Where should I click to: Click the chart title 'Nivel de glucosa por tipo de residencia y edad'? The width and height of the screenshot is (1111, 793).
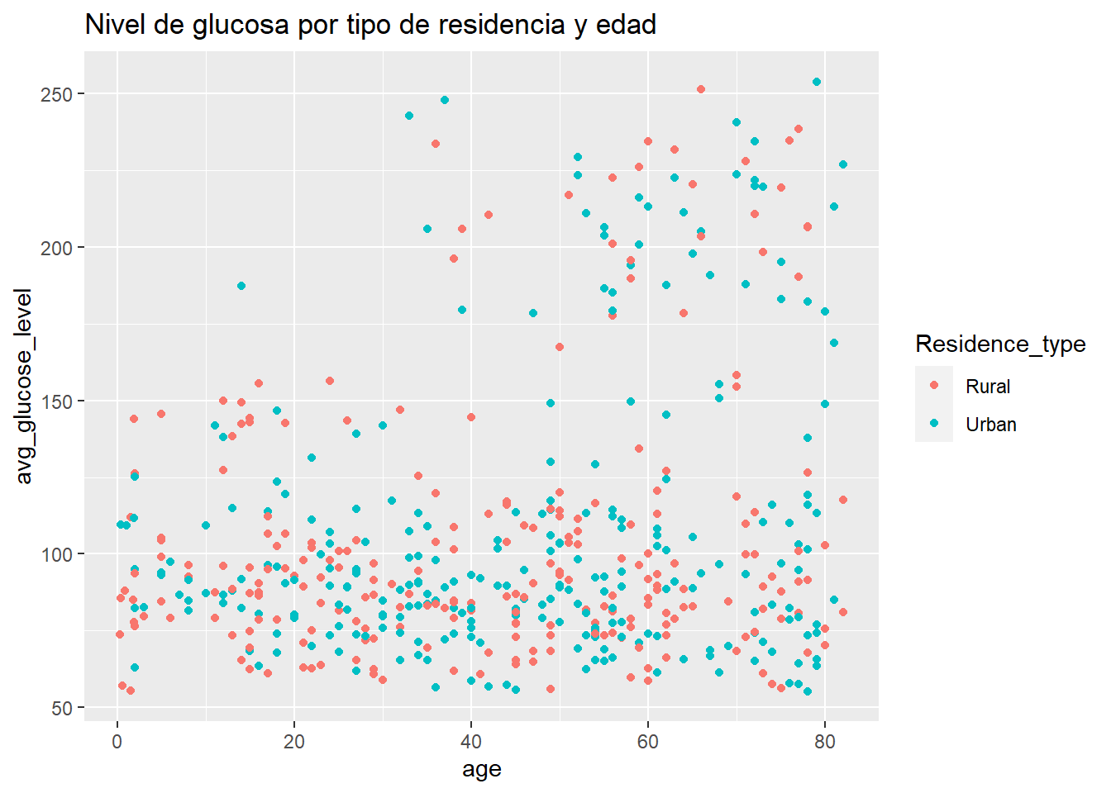click(x=370, y=25)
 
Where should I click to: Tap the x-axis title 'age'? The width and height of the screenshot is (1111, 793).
click(x=482, y=770)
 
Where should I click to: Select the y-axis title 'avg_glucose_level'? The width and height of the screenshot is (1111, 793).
click(x=24, y=386)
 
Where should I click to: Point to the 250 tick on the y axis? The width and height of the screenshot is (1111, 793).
click(x=63, y=94)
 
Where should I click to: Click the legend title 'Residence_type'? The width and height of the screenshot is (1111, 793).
click(x=1000, y=344)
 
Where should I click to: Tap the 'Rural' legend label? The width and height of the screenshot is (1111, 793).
click(x=988, y=387)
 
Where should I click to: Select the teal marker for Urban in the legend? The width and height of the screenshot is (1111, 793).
click(x=934, y=424)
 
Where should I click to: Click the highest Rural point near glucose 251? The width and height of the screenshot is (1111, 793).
click(x=701, y=89)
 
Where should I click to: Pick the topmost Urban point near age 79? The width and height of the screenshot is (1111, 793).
click(x=817, y=82)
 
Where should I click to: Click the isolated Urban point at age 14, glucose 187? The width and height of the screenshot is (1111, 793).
click(x=241, y=286)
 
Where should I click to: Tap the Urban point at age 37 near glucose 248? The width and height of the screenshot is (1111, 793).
click(x=445, y=100)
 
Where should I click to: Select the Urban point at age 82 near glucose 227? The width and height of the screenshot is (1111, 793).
click(x=843, y=164)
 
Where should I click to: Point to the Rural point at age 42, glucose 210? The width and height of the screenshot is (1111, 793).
click(x=489, y=215)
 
